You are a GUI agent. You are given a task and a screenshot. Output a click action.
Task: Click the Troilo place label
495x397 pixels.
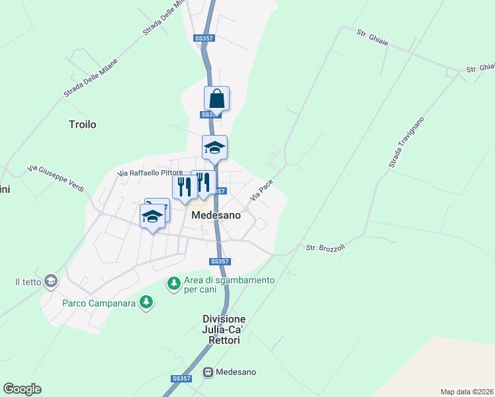pos(83,124)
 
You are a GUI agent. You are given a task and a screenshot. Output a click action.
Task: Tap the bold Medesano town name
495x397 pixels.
pos(215,216)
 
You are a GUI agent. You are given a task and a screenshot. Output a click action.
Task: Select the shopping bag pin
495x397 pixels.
pos(216,99)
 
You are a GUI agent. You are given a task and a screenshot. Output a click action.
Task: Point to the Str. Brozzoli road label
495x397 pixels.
pos(326,248)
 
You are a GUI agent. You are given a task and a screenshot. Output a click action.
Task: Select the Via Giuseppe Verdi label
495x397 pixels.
pos(56,178)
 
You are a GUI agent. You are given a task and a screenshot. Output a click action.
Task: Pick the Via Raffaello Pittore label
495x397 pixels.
pos(150,173)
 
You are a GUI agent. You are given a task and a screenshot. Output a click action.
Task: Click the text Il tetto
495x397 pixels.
pos(28,282)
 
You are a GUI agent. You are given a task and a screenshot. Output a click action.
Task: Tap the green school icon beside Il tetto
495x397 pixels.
pos(50,282)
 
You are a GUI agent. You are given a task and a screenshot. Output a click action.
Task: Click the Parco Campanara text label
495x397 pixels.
pos(99,303)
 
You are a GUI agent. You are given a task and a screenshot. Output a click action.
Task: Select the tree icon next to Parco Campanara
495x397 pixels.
pos(146,303)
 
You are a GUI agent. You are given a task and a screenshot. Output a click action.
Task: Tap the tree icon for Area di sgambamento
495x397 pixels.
pos(174,284)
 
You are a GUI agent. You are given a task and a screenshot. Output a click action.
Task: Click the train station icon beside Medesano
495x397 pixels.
pos(208,372)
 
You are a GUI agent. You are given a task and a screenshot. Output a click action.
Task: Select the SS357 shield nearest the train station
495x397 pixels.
pos(181,378)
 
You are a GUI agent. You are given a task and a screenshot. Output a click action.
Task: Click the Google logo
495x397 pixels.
pos(22,389)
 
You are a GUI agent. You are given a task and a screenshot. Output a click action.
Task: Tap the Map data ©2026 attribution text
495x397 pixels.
pos(467,392)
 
